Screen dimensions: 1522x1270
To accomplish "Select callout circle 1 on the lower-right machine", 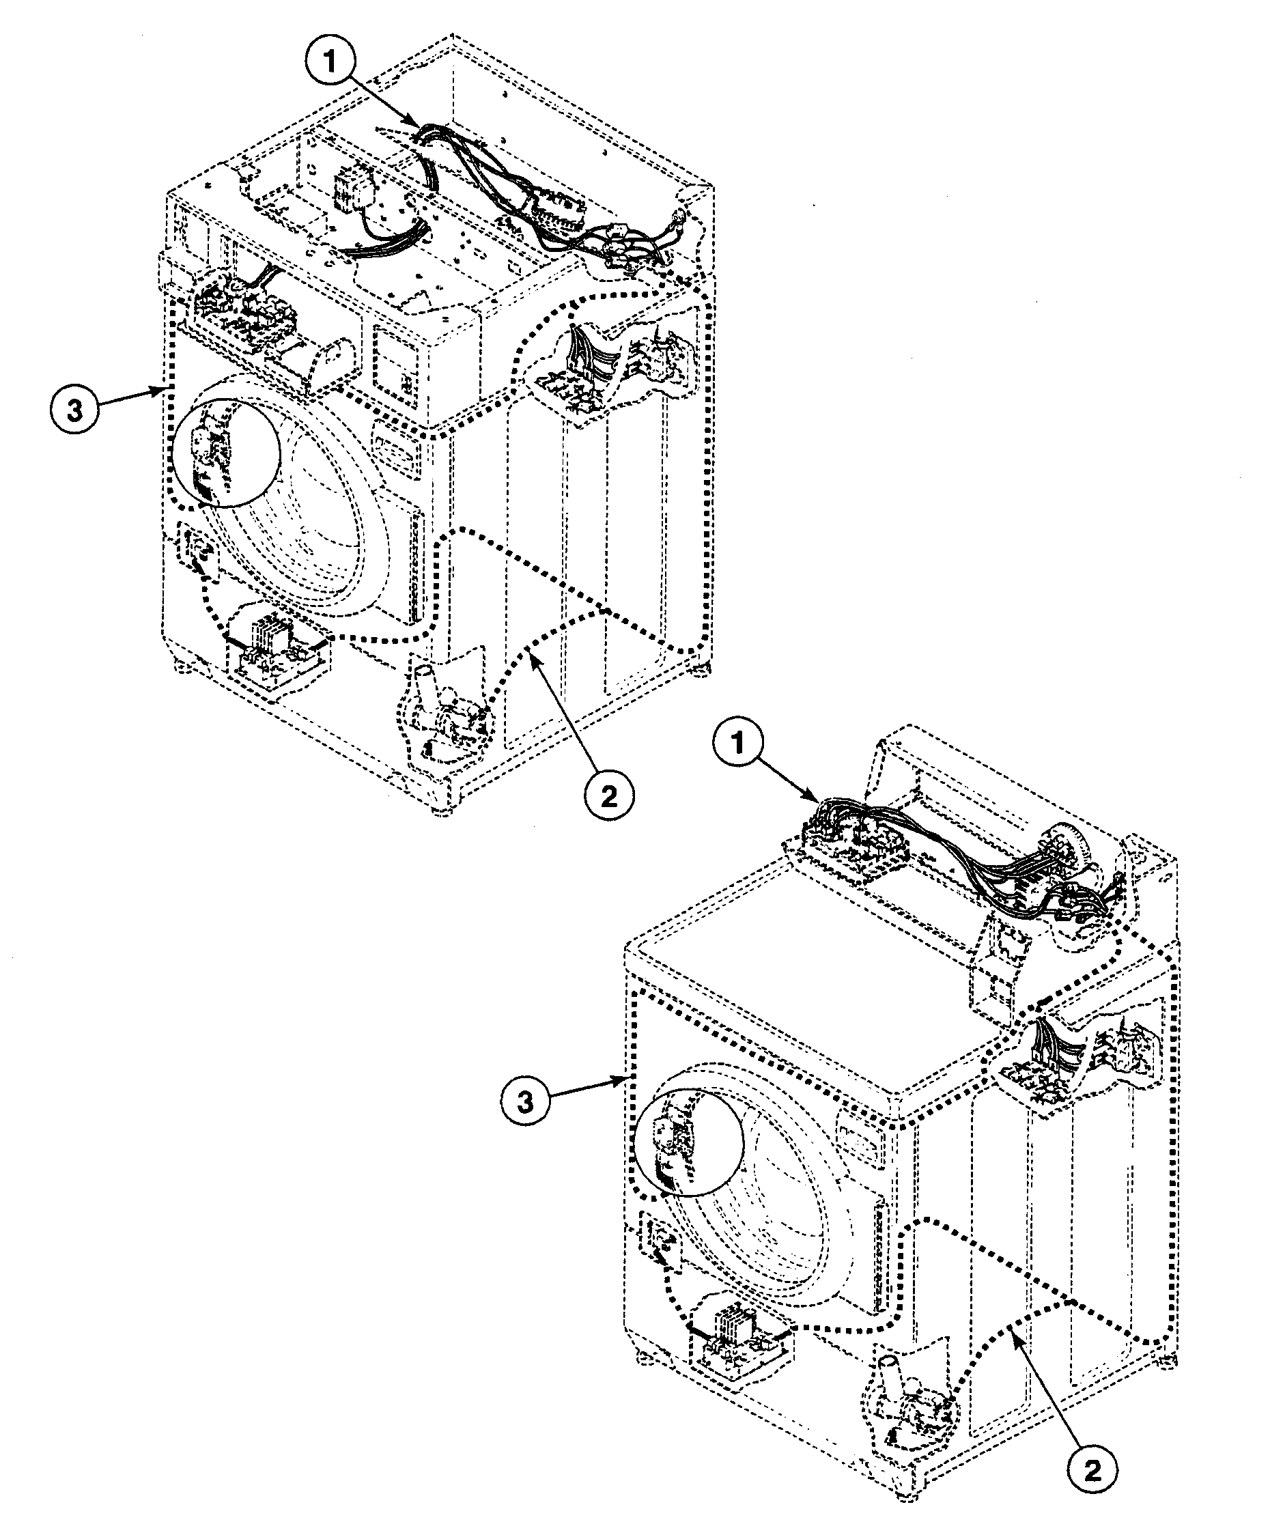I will [739, 742].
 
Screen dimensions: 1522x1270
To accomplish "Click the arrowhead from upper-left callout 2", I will [531, 653].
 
